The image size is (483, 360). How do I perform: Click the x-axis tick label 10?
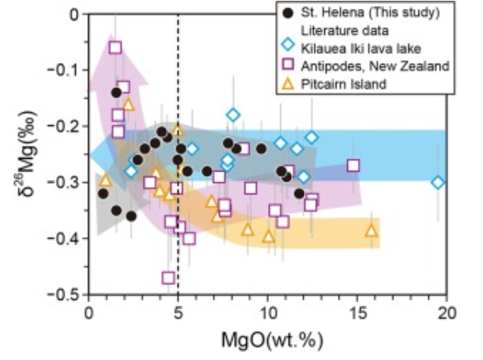267,311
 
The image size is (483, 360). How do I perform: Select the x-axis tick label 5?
178,311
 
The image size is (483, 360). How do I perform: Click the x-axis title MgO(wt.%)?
267,335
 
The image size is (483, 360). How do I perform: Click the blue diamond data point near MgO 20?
438,182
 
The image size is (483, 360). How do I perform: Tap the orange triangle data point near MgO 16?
371,231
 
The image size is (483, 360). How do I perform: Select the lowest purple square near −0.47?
169,278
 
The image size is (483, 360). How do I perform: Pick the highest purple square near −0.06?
115,47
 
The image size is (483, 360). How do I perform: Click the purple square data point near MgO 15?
353,166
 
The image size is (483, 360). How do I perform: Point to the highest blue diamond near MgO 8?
233,115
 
